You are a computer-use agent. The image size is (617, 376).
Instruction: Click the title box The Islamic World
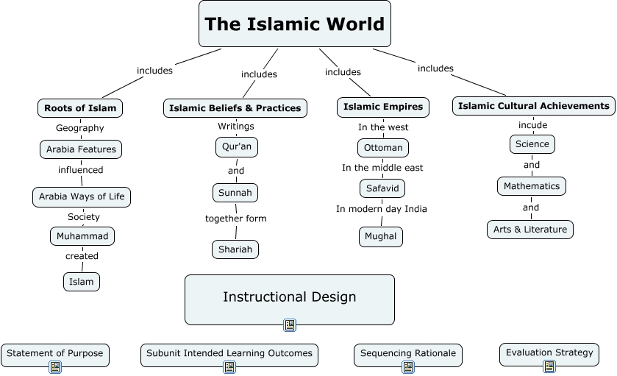[294, 24]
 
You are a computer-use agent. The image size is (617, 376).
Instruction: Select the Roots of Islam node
[80, 108]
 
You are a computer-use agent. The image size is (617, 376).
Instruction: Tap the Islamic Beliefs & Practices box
[235, 108]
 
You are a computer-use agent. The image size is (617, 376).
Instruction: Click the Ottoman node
[383, 148]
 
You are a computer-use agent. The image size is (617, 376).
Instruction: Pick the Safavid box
[382, 188]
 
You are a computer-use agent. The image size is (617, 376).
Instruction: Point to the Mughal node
[382, 236]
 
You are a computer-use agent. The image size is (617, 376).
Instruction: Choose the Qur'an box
[237, 146]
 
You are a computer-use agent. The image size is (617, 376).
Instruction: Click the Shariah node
[235, 249]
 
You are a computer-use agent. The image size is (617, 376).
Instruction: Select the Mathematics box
[532, 186]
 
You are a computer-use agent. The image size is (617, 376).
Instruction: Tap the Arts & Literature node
[530, 230]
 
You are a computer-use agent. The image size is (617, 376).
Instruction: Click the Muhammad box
[82, 236]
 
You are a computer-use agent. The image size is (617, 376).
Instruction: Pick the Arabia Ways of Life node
[82, 196]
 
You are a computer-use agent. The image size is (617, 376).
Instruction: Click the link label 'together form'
[235, 219]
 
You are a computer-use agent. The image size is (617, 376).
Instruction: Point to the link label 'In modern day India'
[382, 209]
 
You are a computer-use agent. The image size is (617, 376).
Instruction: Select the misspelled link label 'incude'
[532, 125]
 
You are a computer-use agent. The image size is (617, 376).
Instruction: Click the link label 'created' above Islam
[82, 256]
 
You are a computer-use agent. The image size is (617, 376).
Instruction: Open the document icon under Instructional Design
[290, 324]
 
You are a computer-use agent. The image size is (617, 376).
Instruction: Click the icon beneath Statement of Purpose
[54, 366]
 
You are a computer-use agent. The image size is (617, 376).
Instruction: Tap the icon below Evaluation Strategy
[549, 366]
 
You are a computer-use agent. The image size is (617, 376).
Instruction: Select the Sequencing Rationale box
[408, 354]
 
